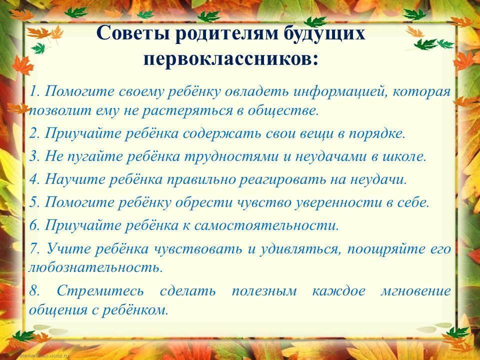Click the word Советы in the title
click(133, 33)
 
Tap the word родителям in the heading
click(227, 33)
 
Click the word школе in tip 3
click(404, 156)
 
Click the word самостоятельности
click(266, 225)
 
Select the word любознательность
click(95, 267)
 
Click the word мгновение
click(415, 290)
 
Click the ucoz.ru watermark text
click(44, 356)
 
